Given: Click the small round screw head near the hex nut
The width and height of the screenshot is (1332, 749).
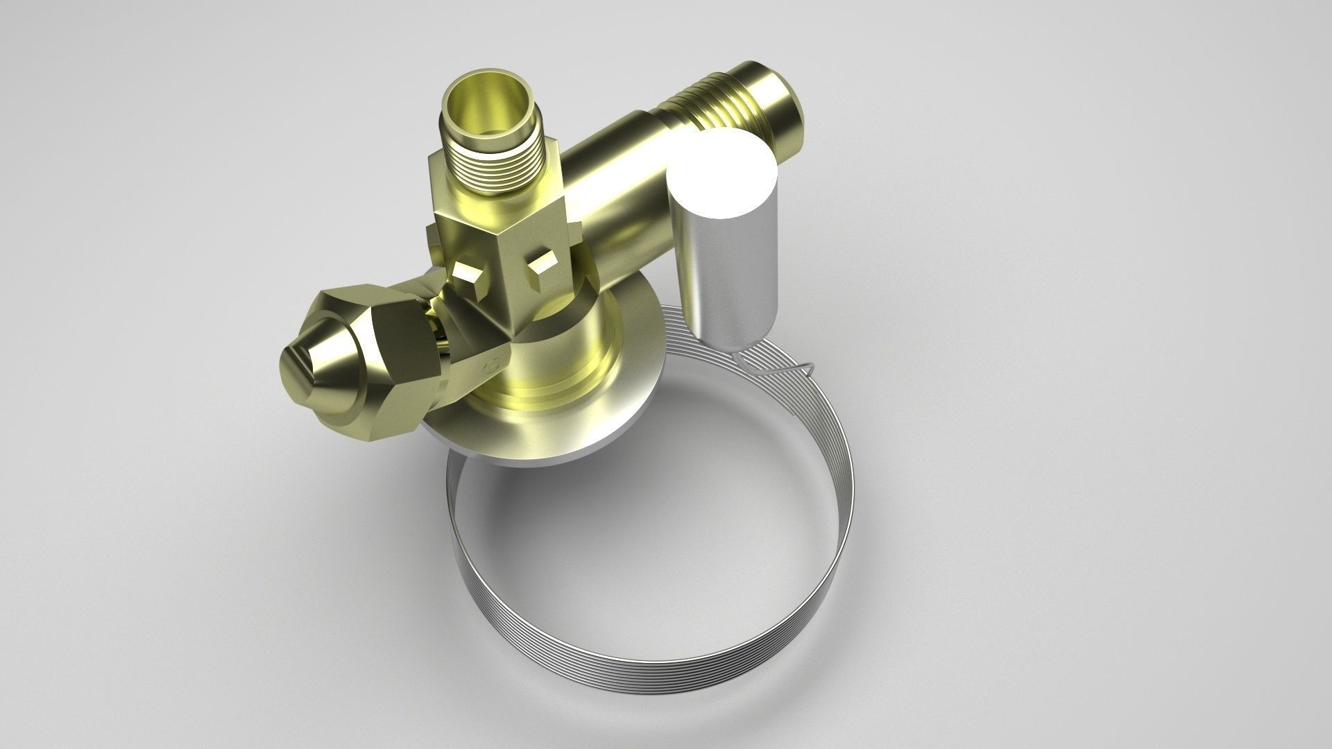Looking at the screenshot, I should coord(492,365).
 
